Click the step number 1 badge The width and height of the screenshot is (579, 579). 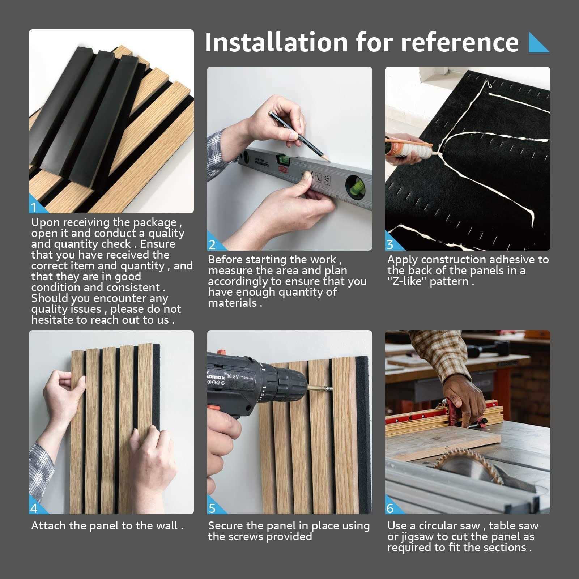tap(34, 208)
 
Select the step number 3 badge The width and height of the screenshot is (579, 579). tap(390, 245)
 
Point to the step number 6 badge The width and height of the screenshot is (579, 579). tap(390, 508)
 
